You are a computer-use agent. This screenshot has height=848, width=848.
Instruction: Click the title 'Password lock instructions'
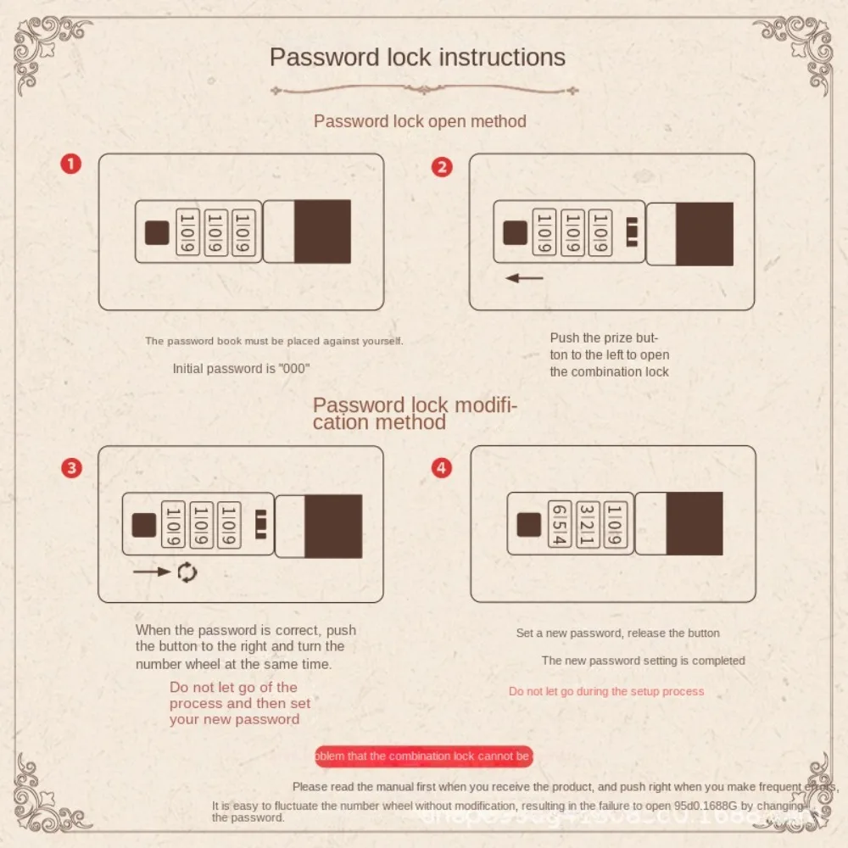click(417, 58)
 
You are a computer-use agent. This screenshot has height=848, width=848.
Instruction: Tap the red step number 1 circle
click(70, 164)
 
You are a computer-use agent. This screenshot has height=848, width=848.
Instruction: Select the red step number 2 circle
click(442, 166)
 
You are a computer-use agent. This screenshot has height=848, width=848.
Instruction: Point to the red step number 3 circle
click(72, 467)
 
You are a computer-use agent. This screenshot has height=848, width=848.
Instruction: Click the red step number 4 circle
click(442, 467)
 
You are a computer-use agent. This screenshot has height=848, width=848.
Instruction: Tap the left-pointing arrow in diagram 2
click(523, 278)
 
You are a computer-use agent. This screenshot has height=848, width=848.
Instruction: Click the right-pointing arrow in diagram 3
click(152, 572)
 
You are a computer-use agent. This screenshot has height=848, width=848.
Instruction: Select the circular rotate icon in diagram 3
click(187, 572)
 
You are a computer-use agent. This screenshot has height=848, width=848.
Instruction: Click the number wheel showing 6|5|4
click(560, 524)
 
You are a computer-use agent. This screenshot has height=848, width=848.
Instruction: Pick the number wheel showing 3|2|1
click(588, 524)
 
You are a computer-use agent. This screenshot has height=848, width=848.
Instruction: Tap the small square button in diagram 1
click(156, 232)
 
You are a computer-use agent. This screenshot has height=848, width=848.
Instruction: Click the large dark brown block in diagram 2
click(704, 234)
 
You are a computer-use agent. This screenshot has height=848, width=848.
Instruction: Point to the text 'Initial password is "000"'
click(241, 369)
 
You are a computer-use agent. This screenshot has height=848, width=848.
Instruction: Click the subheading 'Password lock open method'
click(420, 121)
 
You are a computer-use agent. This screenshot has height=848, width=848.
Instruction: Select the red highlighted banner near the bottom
click(423, 756)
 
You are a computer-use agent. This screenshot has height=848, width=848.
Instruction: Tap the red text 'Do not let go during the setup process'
click(606, 691)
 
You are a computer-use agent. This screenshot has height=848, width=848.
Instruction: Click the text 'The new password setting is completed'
click(643, 661)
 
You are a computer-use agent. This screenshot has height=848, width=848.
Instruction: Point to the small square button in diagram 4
click(529, 524)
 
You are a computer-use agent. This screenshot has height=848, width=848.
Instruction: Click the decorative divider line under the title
click(424, 89)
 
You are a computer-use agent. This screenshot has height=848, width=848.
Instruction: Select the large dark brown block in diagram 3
click(333, 526)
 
